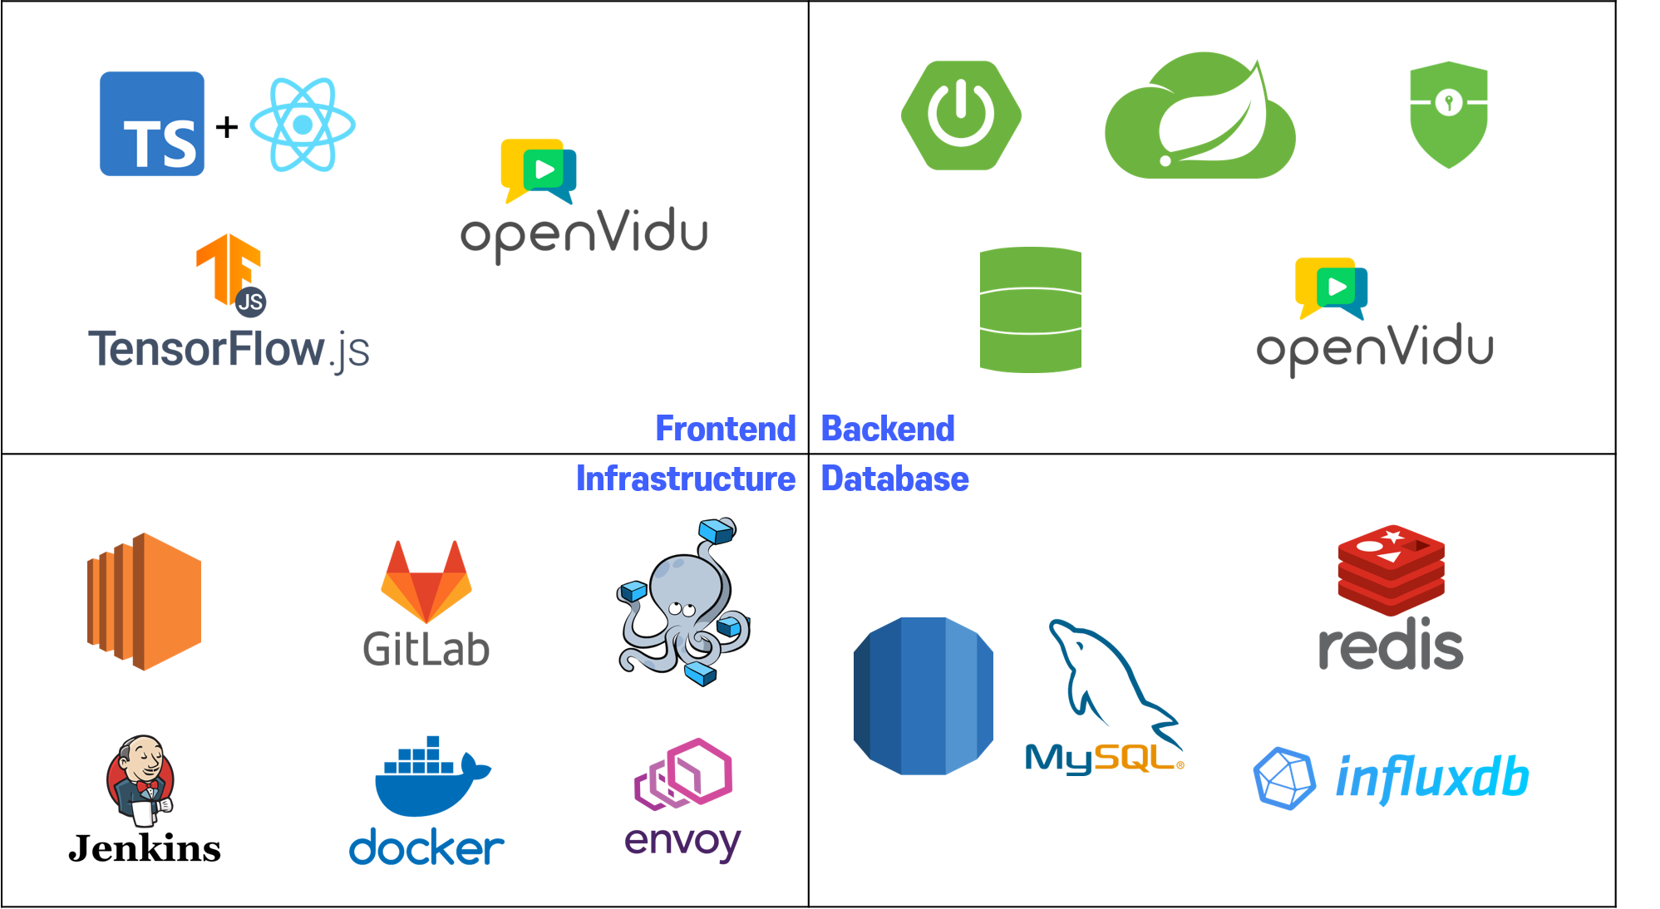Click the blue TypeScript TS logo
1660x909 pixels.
click(x=151, y=124)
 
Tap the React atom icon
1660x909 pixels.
click(x=303, y=125)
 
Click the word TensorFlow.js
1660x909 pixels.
click(x=229, y=349)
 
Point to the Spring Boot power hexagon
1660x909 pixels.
click(x=961, y=115)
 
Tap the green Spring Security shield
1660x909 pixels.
click(x=1448, y=114)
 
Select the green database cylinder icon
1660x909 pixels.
click(x=1030, y=309)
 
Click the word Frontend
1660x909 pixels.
click(x=725, y=429)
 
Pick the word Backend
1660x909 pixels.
click(x=888, y=429)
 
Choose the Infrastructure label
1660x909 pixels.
click(x=686, y=479)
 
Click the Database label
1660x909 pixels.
click(x=894, y=479)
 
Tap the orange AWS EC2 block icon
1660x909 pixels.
click(x=145, y=601)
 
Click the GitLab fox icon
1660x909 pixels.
click(x=426, y=581)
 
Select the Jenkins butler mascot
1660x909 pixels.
click(x=140, y=780)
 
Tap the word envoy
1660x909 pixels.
click(x=682, y=842)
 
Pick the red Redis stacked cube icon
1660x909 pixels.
click(x=1391, y=569)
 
